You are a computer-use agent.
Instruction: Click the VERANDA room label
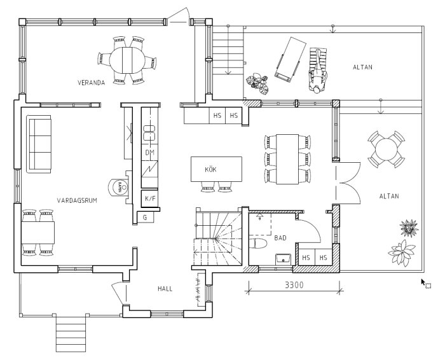pos(91,83)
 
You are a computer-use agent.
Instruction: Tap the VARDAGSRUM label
pos(76,200)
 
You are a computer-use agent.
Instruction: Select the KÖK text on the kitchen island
pos(211,170)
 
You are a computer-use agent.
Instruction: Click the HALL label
pos(165,289)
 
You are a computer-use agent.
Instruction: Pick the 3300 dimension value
pos(294,286)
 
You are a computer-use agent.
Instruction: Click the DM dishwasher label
pos(150,153)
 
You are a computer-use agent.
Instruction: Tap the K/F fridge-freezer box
pos(150,198)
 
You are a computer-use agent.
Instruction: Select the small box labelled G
pos(146,217)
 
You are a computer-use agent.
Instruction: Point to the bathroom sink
pos(283,258)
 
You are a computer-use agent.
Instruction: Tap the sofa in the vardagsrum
pos(40,143)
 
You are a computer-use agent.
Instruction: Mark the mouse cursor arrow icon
pos(424,282)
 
